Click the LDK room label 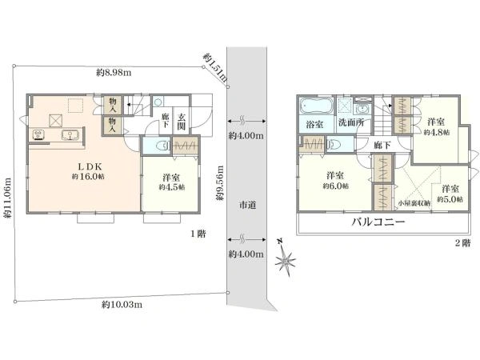click(x=89, y=166)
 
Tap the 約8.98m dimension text click(x=114, y=73)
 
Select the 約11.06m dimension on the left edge click(x=7, y=198)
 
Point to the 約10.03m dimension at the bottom click(x=122, y=305)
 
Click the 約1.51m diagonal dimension click(x=215, y=68)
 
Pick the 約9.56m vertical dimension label click(x=220, y=183)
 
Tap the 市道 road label click(x=247, y=205)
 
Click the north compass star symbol click(x=285, y=261)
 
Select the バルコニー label click(x=378, y=222)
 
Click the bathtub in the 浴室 click(x=316, y=106)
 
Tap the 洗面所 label click(x=351, y=122)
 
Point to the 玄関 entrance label click(x=182, y=122)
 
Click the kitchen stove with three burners click(x=39, y=134)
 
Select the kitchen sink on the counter click(x=70, y=134)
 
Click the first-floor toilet click(x=162, y=146)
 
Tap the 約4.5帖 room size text click(x=172, y=187)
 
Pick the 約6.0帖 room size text click(x=335, y=186)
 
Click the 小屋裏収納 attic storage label click(x=414, y=202)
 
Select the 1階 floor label click(x=198, y=234)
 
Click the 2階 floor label click(x=462, y=243)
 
